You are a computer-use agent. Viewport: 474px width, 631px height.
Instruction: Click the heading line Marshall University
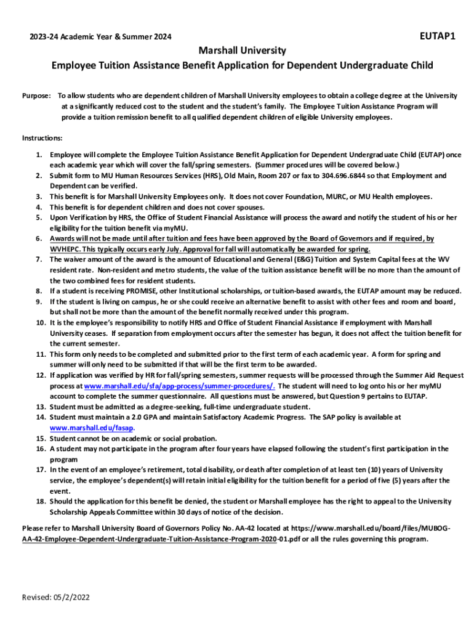[242, 50]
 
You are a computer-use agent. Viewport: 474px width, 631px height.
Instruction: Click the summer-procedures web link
[180, 386]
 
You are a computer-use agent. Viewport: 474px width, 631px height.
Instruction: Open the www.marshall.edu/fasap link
[92, 428]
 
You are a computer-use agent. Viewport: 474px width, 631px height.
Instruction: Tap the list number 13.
[39, 407]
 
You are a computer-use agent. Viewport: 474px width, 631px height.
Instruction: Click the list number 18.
[39, 501]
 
